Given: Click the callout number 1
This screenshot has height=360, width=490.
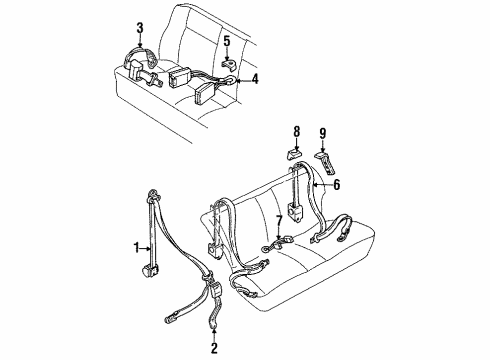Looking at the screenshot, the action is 136,248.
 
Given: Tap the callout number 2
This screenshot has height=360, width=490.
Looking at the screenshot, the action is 214,348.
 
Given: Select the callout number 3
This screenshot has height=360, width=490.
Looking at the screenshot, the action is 140,28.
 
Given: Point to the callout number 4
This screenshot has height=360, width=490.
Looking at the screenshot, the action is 255,79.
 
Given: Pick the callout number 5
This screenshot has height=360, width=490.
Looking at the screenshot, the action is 227,42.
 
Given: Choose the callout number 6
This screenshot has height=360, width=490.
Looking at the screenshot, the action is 337,184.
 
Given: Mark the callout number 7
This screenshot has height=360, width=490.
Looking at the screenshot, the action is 279,221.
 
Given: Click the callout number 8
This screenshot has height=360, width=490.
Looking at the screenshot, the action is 296,131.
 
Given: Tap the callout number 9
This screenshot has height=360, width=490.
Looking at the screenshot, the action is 322,133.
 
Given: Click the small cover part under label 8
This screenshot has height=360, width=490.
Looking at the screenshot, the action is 294,155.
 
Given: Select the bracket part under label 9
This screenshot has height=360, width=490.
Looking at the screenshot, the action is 326,162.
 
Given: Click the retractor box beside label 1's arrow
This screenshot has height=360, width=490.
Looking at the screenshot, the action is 148,269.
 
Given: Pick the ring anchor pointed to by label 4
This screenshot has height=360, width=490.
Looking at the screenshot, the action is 230,80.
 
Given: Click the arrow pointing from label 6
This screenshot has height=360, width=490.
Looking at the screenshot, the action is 323,184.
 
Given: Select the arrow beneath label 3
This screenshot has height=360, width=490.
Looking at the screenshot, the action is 140,41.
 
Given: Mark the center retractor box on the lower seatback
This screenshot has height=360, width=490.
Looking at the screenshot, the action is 294,212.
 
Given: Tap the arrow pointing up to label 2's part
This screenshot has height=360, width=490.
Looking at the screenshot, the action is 214,335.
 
